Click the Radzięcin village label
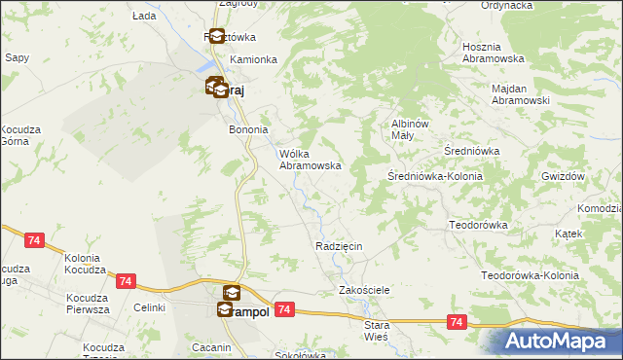339,247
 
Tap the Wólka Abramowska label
310,160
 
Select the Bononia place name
247,129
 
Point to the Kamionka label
253,59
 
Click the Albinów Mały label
410,129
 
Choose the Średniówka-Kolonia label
434,176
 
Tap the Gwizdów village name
562,176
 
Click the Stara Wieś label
376,330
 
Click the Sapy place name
17,58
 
